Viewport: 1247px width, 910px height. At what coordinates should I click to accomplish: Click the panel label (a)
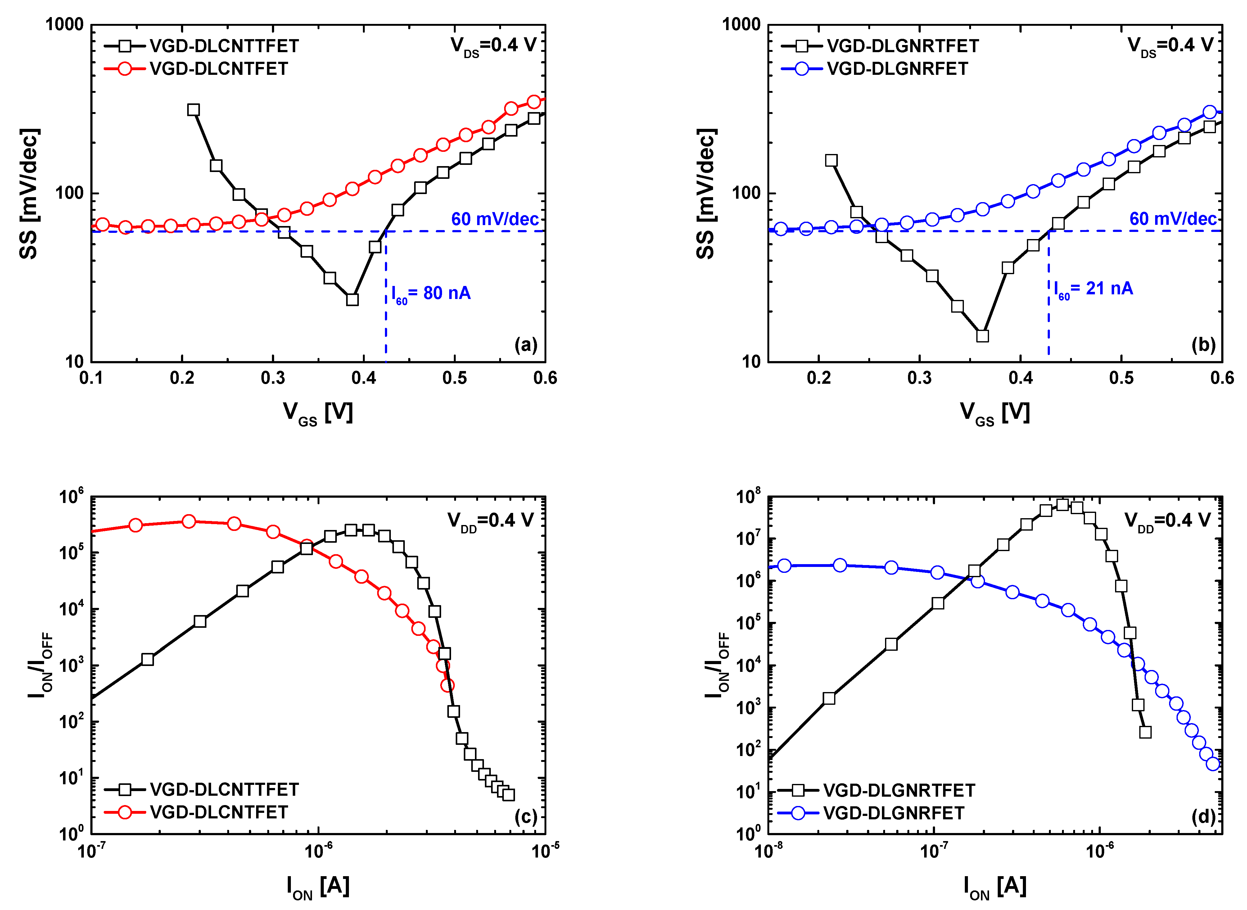click(x=526, y=345)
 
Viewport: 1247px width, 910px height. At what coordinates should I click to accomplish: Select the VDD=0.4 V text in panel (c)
click(x=490, y=521)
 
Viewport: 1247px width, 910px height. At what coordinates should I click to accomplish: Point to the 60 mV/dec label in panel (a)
click(x=495, y=219)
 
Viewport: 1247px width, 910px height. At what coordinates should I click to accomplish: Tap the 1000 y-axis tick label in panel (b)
click(x=741, y=25)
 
